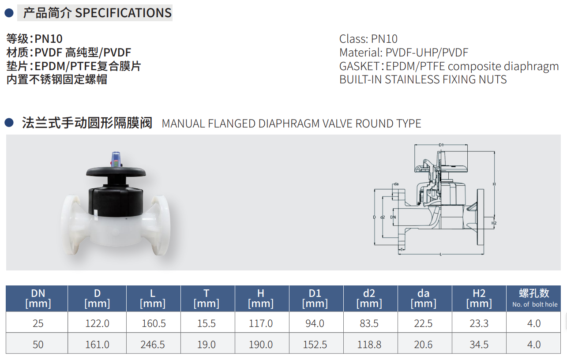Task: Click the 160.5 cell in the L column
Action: (154, 323)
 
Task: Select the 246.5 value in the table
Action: (153, 345)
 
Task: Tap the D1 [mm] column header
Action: (315, 298)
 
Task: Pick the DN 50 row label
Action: (38, 345)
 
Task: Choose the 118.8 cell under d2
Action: (369, 345)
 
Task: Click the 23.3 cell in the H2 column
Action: (479, 323)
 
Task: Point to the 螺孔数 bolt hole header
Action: (534, 298)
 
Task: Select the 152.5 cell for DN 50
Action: (315, 345)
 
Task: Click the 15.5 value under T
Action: (207, 323)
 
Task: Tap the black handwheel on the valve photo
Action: (116, 172)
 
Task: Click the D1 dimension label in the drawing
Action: (441, 145)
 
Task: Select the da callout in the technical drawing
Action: (396, 184)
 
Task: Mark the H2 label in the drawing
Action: (494, 223)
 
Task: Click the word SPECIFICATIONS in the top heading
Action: (123, 13)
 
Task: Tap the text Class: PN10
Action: (368, 39)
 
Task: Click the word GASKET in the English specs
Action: (359, 66)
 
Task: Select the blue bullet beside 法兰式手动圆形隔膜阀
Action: (9, 123)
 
